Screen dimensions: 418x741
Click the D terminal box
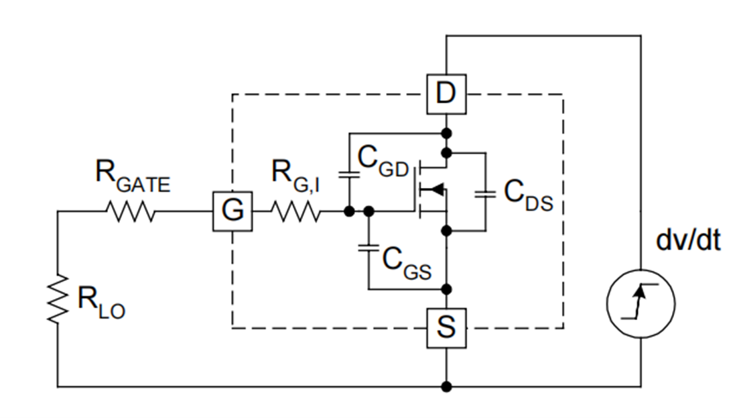tap(446, 93)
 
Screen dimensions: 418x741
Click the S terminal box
tap(446, 328)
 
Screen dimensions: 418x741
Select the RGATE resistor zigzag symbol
tap(130, 212)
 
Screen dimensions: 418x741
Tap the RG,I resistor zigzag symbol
tap(295, 212)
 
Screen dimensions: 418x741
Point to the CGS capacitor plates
tap(368, 248)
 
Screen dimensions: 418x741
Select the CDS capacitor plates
tap(484, 194)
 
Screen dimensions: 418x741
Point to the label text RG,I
tap(295, 175)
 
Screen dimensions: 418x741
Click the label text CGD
tap(383, 161)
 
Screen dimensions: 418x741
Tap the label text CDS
tap(528, 196)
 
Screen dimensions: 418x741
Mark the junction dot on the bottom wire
tap(446, 386)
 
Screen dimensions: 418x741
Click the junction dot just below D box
tap(446, 131)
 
